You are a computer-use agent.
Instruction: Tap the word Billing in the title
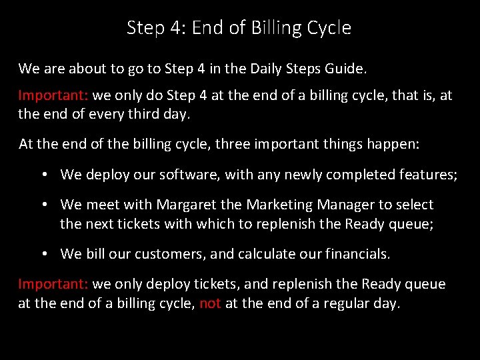[273, 28]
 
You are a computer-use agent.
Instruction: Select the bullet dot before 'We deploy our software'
[43, 175]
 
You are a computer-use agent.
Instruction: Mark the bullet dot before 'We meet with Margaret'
[43, 205]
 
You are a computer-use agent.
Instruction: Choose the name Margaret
[181, 205]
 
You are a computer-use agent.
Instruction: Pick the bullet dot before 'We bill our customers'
[43, 254]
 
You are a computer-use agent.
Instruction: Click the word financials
[357, 254]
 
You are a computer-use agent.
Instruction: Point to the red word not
[210, 303]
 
